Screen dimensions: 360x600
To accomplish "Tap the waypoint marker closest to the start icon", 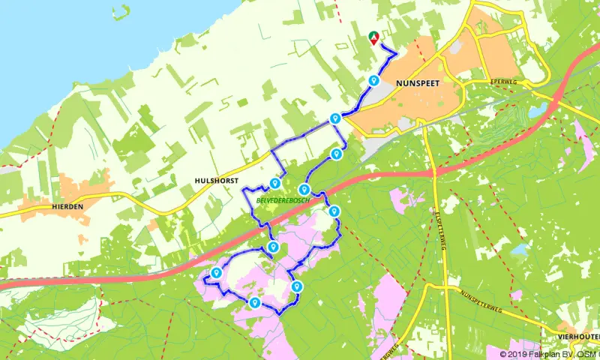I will pos(373,81).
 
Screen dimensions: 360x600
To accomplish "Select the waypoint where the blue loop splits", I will pos(335,118).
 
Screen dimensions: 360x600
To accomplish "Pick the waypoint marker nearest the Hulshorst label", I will pos(275,183).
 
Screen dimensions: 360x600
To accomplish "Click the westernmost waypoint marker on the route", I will pos(217,273).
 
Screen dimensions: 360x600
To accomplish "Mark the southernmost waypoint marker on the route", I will pos(255,303).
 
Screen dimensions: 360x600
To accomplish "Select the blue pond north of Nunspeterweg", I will pos(518,250).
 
